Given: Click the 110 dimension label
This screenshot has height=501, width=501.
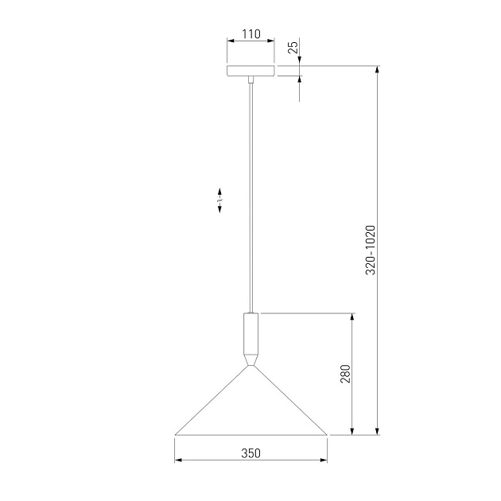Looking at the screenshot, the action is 251,34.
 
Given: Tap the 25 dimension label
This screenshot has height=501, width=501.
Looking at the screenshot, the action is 293,46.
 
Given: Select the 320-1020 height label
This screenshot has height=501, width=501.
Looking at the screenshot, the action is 371,250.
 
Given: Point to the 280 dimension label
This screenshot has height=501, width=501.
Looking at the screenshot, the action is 345,374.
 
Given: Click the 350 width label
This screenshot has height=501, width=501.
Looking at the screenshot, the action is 250,453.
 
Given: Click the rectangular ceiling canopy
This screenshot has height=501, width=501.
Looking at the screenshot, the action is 250,71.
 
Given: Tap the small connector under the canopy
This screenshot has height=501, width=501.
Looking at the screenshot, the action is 251,80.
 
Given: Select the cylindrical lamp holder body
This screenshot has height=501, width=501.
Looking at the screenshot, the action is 250,333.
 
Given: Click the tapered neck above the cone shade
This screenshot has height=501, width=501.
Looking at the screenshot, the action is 250,360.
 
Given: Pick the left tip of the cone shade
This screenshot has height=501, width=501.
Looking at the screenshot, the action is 175,434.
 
